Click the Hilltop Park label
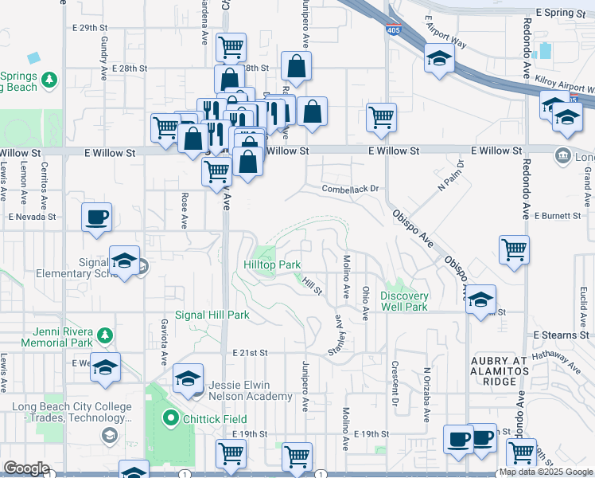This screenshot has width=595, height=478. pyautogui.click(x=272, y=264)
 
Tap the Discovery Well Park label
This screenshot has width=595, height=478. pyautogui.click(x=404, y=301)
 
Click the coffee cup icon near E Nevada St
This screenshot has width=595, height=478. pyautogui.click(x=96, y=217)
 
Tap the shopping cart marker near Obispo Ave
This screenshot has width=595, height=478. pyautogui.click(x=515, y=249)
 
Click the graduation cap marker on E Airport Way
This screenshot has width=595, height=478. pyautogui.click(x=438, y=59)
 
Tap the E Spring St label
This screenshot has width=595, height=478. pyautogui.click(x=566, y=13)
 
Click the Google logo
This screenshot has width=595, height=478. pyautogui.click(x=25, y=468)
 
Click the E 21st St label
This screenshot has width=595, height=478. pyautogui.click(x=251, y=352)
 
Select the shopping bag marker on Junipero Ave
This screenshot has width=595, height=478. pyautogui.click(x=296, y=69)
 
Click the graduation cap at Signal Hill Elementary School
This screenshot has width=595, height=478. pyautogui.click(x=125, y=262)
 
